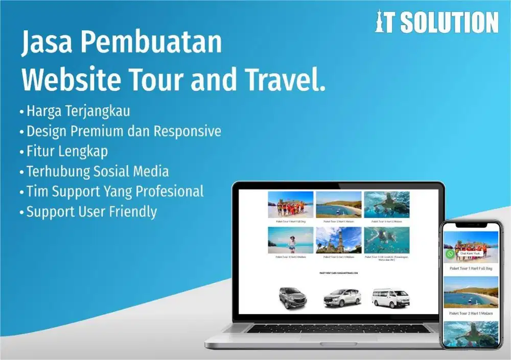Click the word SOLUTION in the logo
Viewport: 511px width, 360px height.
click(449, 22)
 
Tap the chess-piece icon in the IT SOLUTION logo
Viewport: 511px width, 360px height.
click(381, 22)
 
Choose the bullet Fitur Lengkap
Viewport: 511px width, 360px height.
click(67, 151)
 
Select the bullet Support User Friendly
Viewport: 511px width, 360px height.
click(91, 211)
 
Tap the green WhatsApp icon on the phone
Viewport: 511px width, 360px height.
click(450, 253)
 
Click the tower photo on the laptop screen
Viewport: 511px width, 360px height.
click(338, 240)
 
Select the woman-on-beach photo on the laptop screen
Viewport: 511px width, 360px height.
click(290, 240)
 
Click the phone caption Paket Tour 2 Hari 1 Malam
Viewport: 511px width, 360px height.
click(471, 313)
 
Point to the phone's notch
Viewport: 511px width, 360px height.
click(471, 225)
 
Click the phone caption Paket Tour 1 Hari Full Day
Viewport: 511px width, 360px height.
click(471, 268)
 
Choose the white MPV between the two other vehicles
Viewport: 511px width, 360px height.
click(342, 298)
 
